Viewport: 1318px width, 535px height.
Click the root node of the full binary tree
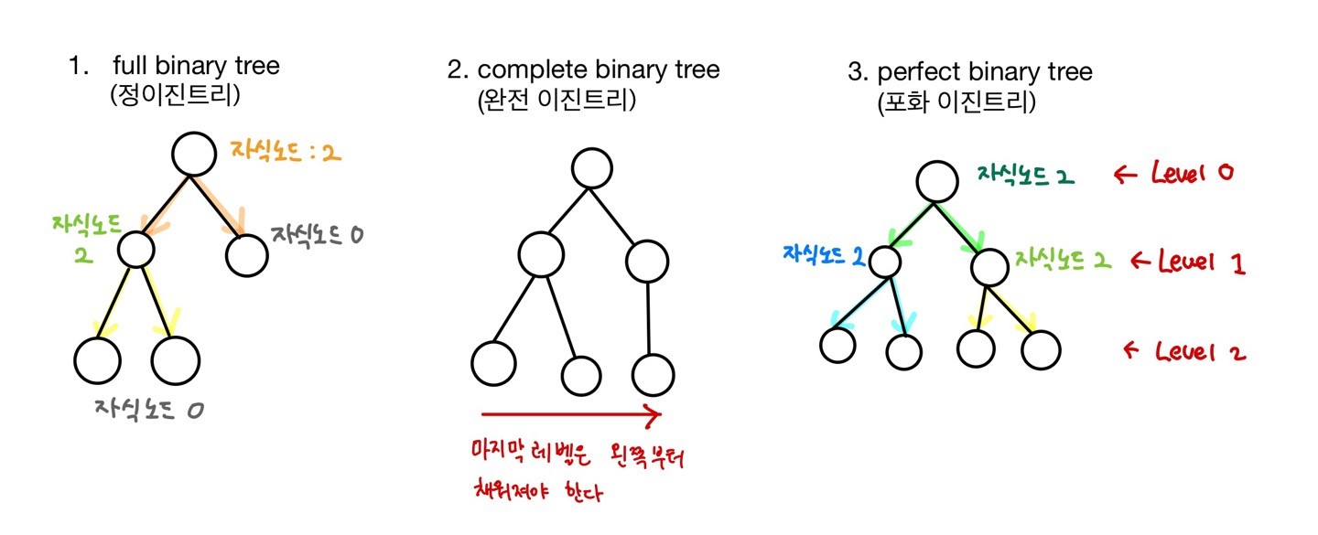coord(195,156)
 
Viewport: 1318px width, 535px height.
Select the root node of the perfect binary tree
coord(935,181)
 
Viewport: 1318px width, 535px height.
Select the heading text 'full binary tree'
coord(196,66)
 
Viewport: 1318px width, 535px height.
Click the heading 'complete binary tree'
coord(599,70)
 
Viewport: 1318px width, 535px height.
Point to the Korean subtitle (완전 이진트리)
coord(556,100)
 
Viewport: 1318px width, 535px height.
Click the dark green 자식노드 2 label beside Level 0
coord(1025,175)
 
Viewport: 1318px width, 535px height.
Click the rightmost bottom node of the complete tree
coord(654,374)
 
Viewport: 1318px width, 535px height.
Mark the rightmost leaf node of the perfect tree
coord(1041,349)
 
